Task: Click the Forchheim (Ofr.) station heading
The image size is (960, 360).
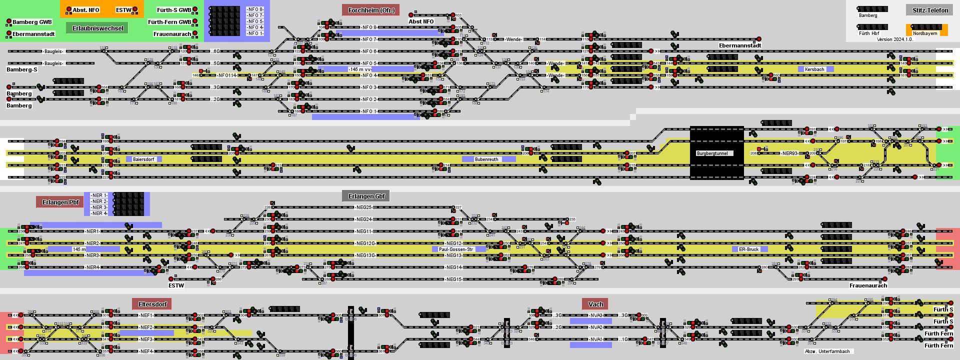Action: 371,10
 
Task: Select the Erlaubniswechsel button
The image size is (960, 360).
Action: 97,28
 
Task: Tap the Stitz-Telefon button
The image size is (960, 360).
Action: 930,10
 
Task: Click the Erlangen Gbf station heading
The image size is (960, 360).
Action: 365,195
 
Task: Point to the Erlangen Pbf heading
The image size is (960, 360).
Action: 60,202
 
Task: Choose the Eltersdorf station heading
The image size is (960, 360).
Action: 152,304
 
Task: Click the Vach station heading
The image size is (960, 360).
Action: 595,304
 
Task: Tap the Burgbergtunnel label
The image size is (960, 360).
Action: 715,153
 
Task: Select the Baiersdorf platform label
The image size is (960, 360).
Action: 143,159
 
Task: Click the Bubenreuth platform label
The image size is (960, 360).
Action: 486,159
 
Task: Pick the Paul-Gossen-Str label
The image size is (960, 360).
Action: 455,249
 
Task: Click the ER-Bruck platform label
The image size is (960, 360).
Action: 748,249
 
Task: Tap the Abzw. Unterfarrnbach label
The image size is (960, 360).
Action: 827,351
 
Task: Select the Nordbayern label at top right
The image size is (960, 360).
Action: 925,33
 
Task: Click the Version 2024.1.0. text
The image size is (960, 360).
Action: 894,39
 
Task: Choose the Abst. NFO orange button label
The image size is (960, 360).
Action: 86,10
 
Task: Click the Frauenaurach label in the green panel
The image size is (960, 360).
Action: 172,34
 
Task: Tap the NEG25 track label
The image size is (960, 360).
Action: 364,207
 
